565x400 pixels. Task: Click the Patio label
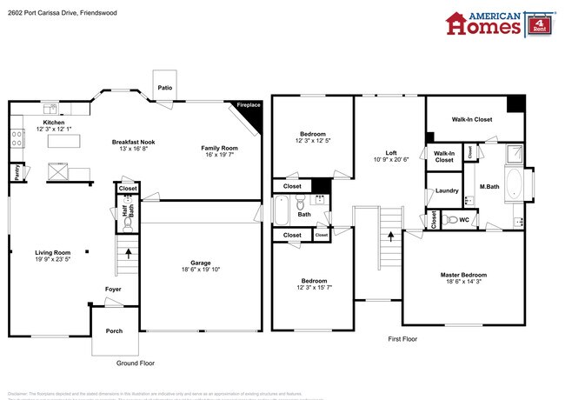164,87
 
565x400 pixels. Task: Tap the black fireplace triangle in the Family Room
253,106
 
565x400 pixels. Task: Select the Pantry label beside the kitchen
17,173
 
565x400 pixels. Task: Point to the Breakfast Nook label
133,142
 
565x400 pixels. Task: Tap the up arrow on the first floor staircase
390,234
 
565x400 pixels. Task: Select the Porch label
114,330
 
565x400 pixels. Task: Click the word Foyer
113,290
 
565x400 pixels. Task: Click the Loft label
389,154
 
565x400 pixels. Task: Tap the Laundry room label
447,190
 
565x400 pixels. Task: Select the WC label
463,219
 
